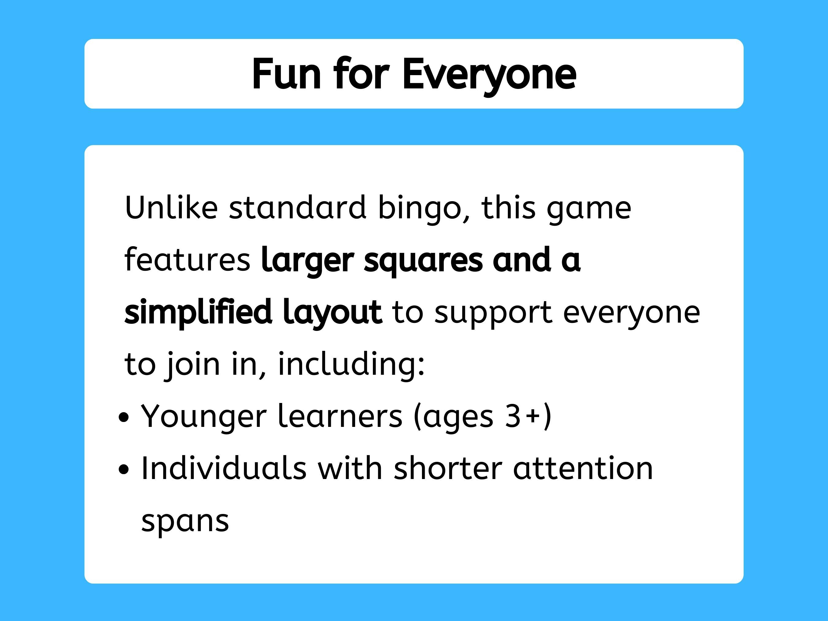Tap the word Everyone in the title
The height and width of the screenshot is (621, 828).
489,75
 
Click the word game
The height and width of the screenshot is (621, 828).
589,209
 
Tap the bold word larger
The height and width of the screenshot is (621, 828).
307,261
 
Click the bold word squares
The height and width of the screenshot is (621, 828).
423,261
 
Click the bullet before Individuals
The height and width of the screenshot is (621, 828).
124,469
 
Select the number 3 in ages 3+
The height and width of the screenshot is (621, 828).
512,416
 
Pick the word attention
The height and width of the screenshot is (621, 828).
583,468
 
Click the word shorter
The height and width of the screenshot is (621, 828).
448,468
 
